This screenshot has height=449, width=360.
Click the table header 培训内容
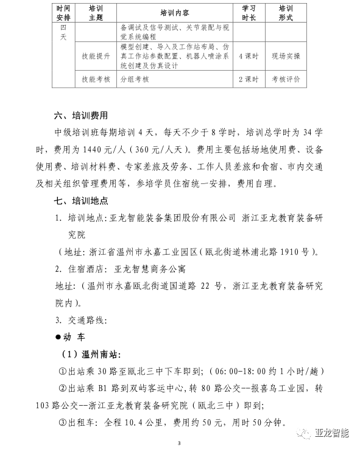[x=175, y=12]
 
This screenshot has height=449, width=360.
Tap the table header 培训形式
[x=286, y=12]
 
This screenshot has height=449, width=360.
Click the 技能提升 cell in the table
[x=96, y=56]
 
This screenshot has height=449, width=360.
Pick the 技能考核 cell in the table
[x=96, y=79]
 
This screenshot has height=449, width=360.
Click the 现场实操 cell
[x=286, y=56]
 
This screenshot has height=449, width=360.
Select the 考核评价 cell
[x=286, y=79]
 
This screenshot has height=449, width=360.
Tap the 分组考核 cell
[x=135, y=79]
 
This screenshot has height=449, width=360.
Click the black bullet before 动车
[x=58, y=337]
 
